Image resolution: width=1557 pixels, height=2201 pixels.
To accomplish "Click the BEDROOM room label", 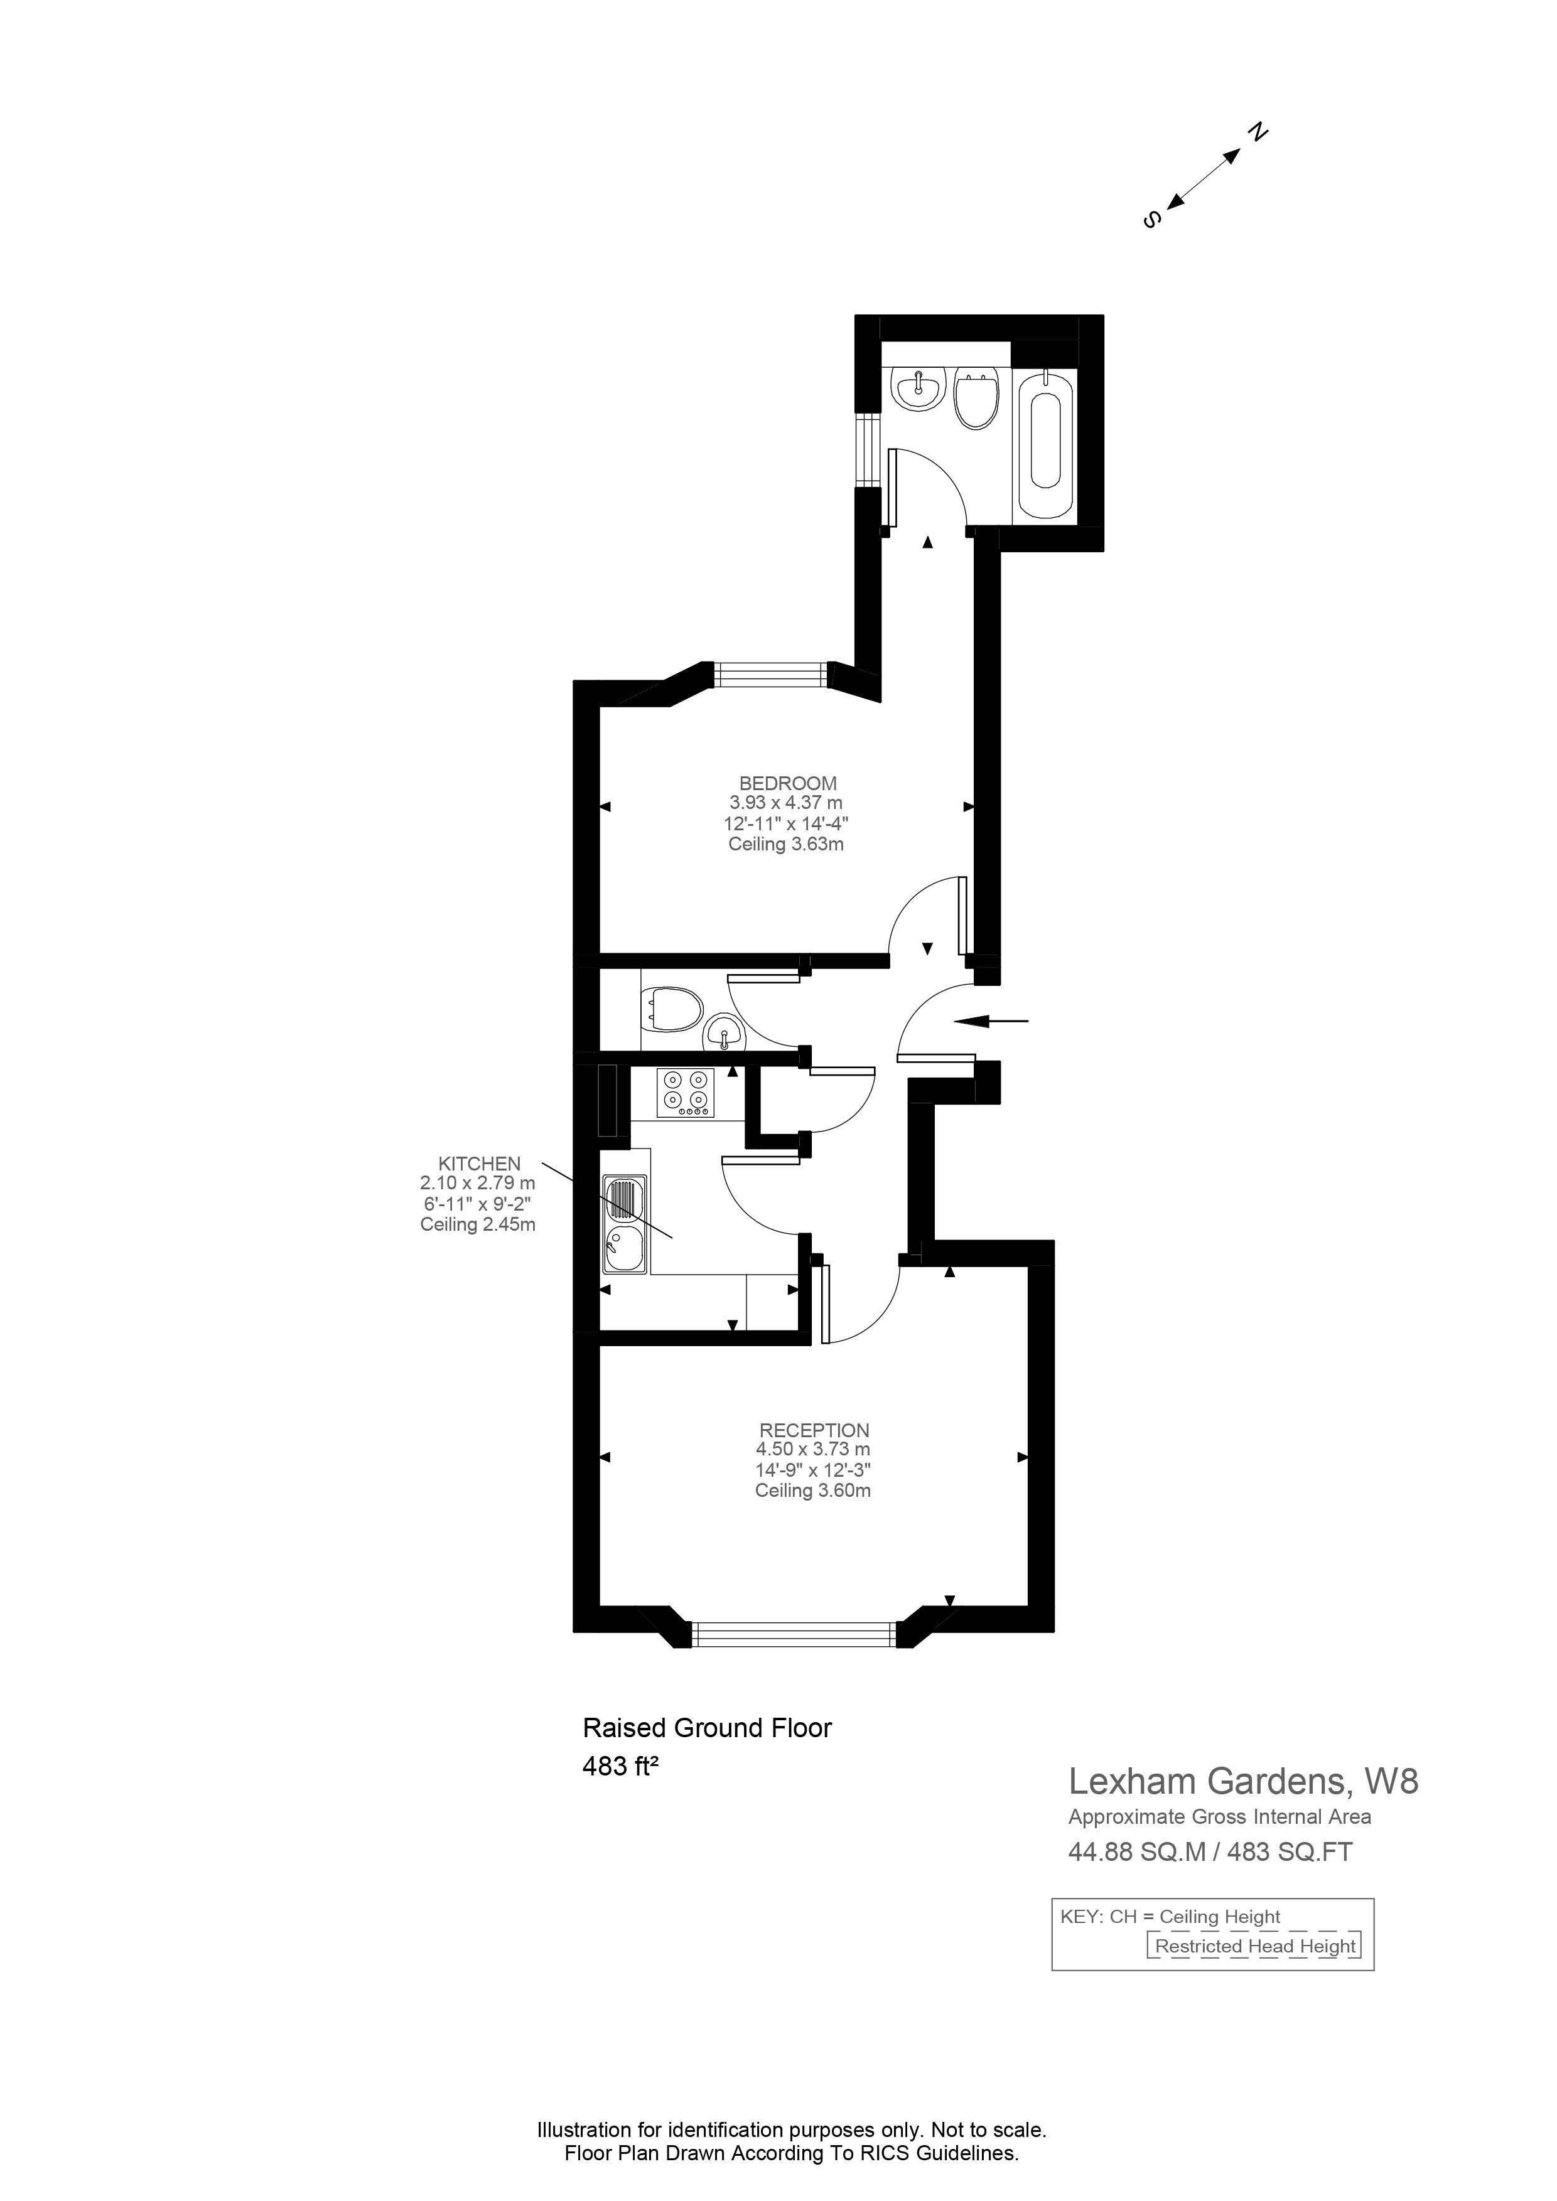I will coord(787,783).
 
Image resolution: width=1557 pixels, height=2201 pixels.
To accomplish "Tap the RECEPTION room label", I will coord(814,1430).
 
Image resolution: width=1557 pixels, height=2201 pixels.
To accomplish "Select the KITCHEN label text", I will coord(480,1164).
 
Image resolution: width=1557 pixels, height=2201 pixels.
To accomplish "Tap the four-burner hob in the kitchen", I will coord(686,1093).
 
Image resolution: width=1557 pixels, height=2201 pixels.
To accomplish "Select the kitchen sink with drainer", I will coord(625,1225).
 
